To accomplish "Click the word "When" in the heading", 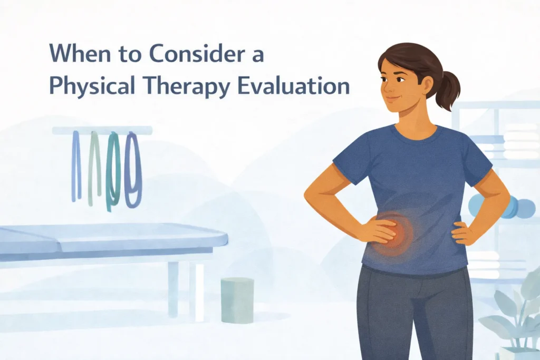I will [x=74, y=54].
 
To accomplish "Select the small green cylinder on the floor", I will [x=237, y=300].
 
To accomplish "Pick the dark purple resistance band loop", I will [x=133, y=169].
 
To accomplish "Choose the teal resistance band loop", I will [x=113, y=171].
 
